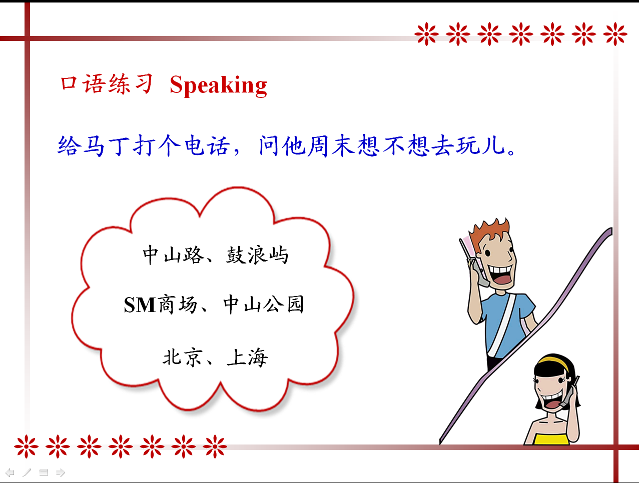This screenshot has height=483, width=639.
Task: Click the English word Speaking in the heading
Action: (x=218, y=85)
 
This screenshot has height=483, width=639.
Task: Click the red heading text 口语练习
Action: (x=107, y=83)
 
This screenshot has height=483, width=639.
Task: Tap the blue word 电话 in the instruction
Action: (x=207, y=145)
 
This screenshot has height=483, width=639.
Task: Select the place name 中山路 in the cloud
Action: (x=174, y=254)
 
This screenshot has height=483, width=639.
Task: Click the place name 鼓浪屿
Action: (x=257, y=254)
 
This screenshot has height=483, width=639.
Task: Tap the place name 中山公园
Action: (x=264, y=304)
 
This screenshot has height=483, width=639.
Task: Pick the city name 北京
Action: (x=182, y=357)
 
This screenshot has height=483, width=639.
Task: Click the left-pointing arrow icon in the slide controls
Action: (x=10, y=472)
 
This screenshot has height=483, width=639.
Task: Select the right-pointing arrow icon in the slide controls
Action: (x=60, y=472)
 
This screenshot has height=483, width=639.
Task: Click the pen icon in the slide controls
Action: (x=27, y=472)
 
